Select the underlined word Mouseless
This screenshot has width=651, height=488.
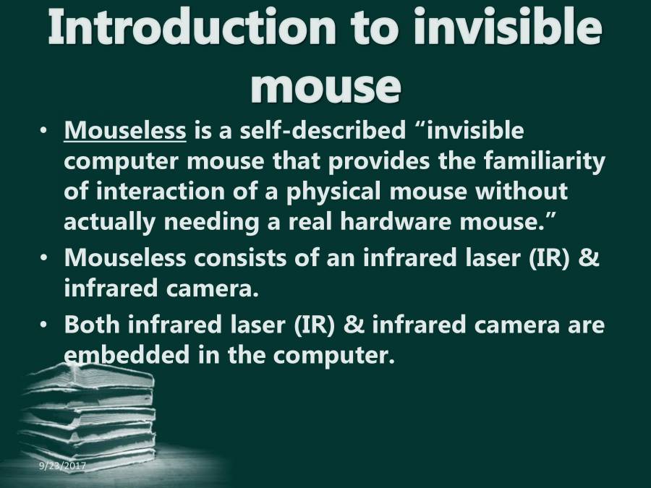click(125, 132)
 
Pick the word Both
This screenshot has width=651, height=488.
click(92, 325)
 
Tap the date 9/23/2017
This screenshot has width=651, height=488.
click(63, 467)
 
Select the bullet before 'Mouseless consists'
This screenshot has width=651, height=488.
click(45, 258)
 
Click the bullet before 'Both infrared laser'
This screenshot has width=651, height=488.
click(45, 325)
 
